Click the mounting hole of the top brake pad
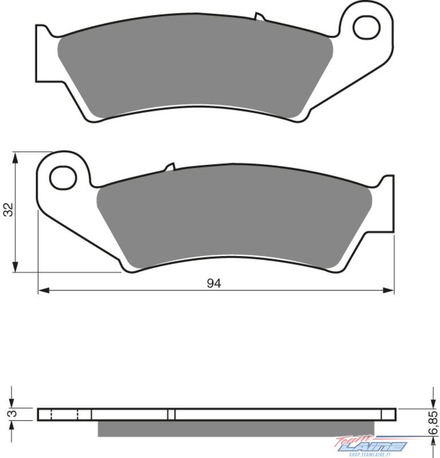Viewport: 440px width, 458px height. pyautogui.click(x=367, y=27)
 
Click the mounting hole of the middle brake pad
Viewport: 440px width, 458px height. pyautogui.click(x=63, y=177)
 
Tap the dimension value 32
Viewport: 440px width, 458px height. pyautogui.click(x=9, y=209)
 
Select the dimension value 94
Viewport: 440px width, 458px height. pyautogui.click(x=214, y=283)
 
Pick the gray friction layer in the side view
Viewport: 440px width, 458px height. pyautogui.click(x=236, y=428)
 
